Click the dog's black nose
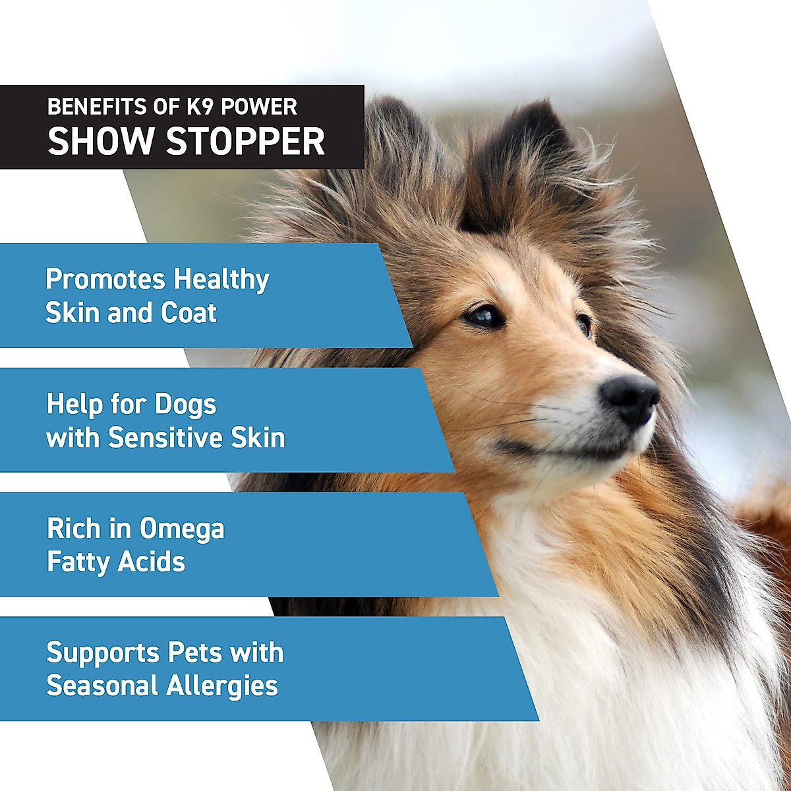[x=630, y=397]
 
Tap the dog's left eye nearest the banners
[x=484, y=315]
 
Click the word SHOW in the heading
[x=102, y=140]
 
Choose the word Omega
[x=181, y=529]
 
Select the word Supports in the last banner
[x=102, y=653]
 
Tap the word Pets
[x=195, y=653]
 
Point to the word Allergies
[x=222, y=686]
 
